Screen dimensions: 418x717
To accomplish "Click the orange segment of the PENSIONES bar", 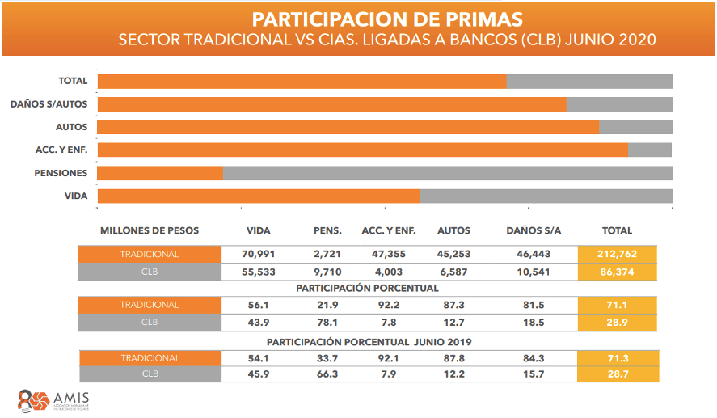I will click(x=160, y=173).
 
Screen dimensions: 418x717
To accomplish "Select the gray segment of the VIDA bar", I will click(x=546, y=196).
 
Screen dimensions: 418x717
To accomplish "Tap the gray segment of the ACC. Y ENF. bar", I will click(x=650, y=150).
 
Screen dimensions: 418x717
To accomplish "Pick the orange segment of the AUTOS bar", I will click(x=348, y=127).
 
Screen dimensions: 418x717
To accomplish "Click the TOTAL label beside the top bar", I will click(x=74, y=81).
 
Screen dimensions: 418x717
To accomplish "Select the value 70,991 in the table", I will click(x=259, y=254).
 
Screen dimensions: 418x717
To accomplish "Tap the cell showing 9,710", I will click(x=327, y=272).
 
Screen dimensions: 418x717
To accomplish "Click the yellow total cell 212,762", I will click(x=618, y=254).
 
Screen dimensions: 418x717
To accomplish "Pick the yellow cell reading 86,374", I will click(x=618, y=272).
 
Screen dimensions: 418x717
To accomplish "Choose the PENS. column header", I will click(x=327, y=231).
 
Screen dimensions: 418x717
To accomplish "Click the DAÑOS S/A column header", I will click(x=533, y=231).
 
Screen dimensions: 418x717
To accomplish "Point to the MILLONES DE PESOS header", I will click(x=150, y=231).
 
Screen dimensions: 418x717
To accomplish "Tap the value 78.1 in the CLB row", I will click(x=327, y=322).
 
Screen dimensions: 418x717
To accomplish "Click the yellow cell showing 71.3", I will click(x=618, y=358).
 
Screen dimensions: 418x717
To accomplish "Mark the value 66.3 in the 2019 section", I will click(x=327, y=374).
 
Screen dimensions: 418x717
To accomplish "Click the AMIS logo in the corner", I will click(x=53, y=400).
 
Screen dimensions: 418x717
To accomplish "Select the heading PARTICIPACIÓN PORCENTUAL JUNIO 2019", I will click(x=369, y=342).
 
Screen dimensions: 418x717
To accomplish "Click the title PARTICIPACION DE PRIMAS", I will click(x=386, y=19).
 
